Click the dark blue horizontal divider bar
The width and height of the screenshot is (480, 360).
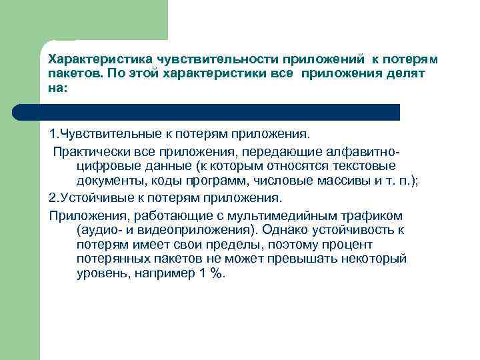point(220,111)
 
